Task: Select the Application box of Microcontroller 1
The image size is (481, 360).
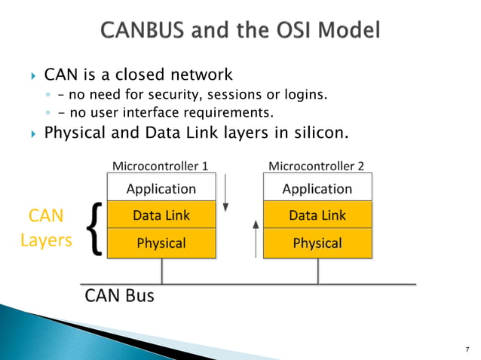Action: click(161, 188)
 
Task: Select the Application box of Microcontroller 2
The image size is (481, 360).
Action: click(317, 188)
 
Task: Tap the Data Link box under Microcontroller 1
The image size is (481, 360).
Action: click(161, 215)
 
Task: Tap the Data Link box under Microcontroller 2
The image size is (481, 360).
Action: click(317, 215)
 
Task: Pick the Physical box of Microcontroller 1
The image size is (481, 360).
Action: click(161, 243)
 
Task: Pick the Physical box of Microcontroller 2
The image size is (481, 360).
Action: click(317, 243)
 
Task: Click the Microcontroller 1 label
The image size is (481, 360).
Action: click(160, 166)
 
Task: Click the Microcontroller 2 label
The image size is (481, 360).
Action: click(317, 166)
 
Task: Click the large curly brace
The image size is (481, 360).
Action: click(93, 229)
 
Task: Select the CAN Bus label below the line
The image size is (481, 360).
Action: click(119, 295)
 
